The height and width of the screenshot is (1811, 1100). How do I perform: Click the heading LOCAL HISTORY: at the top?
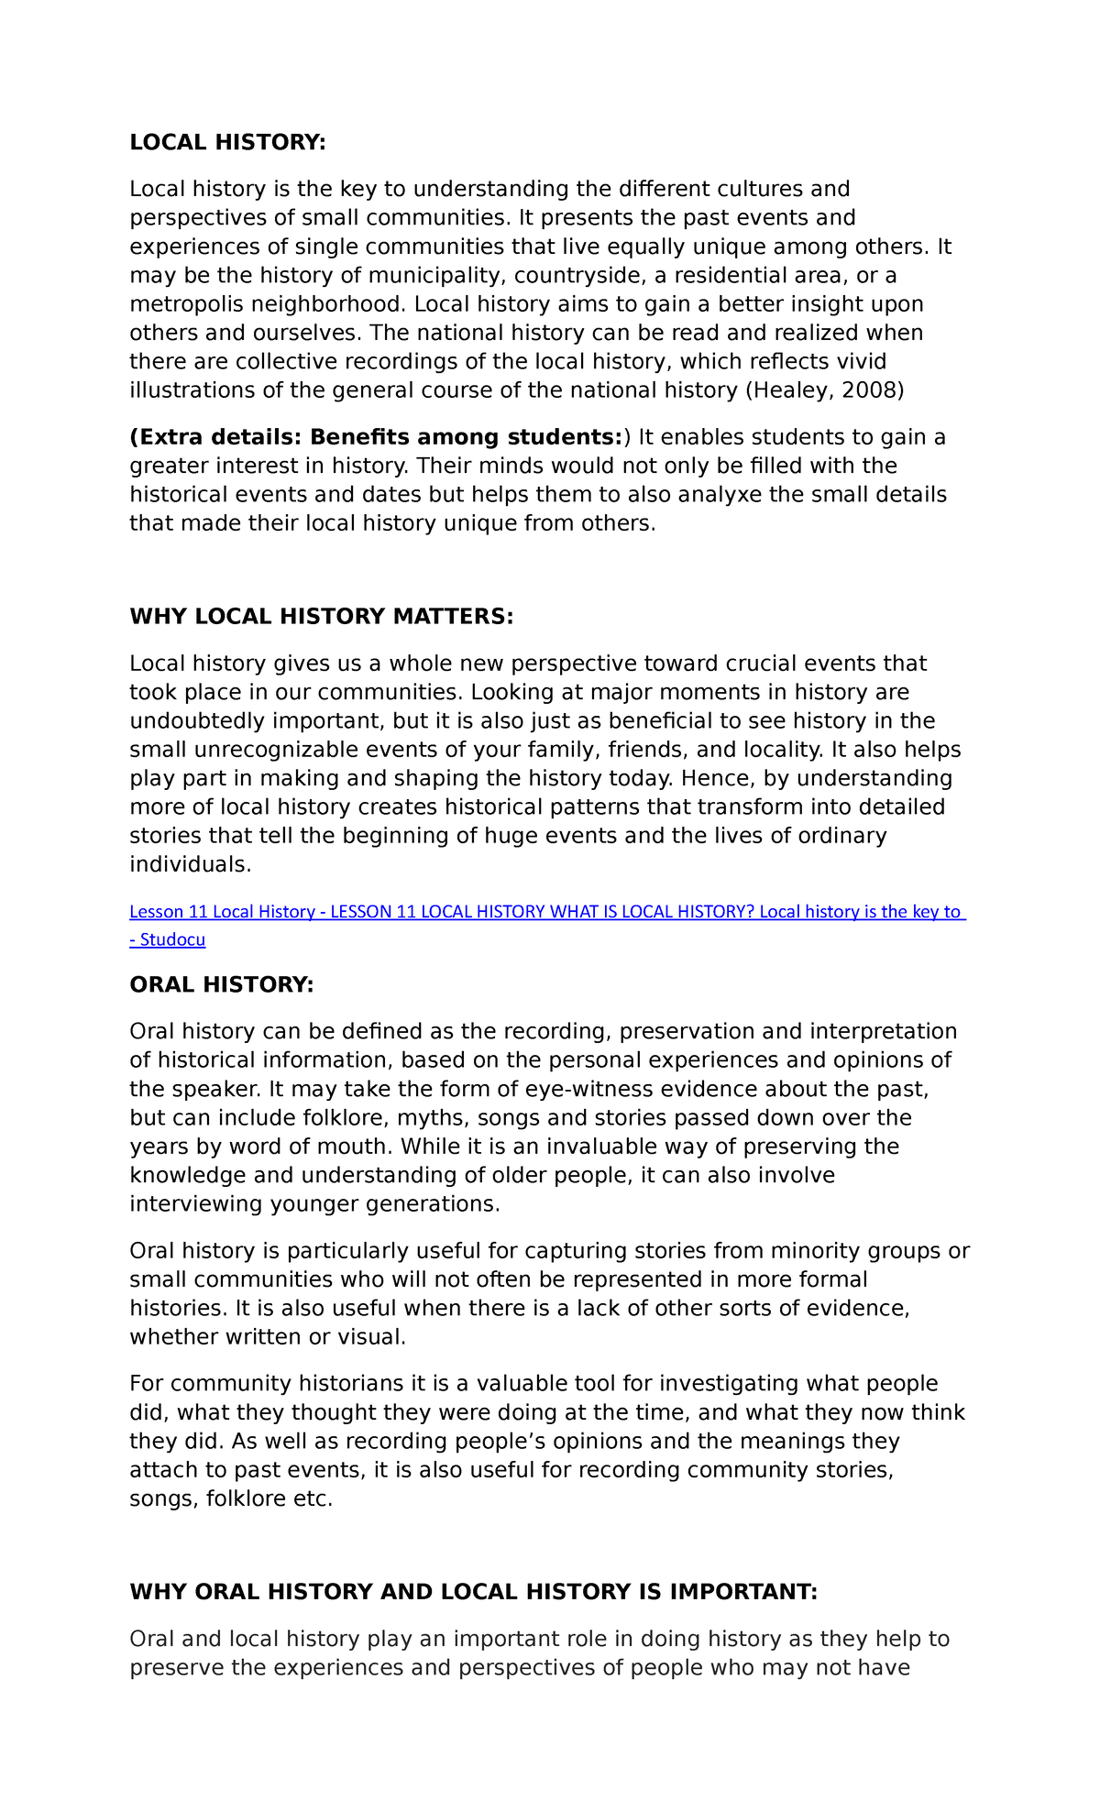pyautogui.click(x=227, y=142)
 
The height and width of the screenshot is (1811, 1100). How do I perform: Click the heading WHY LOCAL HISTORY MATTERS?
pyautogui.click(x=322, y=616)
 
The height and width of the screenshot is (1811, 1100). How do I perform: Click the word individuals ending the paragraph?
pyautogui.click(x=188, y=864)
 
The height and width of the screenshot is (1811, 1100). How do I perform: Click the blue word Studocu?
pyautogui.click(x=172, y=939)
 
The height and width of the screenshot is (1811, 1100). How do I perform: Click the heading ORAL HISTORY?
pyautogui.click(x=222, y=984)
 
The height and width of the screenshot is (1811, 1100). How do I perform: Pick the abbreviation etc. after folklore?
pyautogui.click(x=313, y=1498)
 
